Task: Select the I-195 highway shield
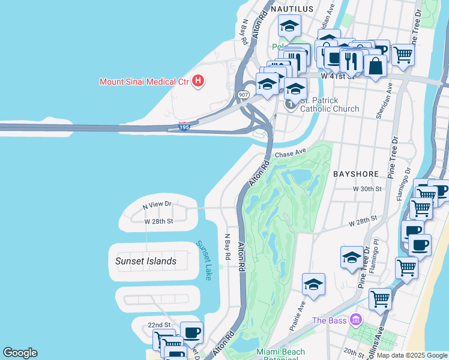(184, 127)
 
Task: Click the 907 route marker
(243, 95)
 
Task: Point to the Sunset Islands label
(146, 261)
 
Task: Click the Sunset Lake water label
(204, 261)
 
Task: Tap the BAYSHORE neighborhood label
(356, 174)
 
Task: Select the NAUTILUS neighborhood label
(292, 9)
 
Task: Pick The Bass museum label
(330, 320)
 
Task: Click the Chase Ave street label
(291, 154)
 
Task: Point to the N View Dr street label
(157, 205)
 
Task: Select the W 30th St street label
(367, 189)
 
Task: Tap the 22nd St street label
(144, 325)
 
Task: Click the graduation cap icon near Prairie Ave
(313, 286)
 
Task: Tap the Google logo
(20, 353)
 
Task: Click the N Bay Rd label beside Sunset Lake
(228, 247)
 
